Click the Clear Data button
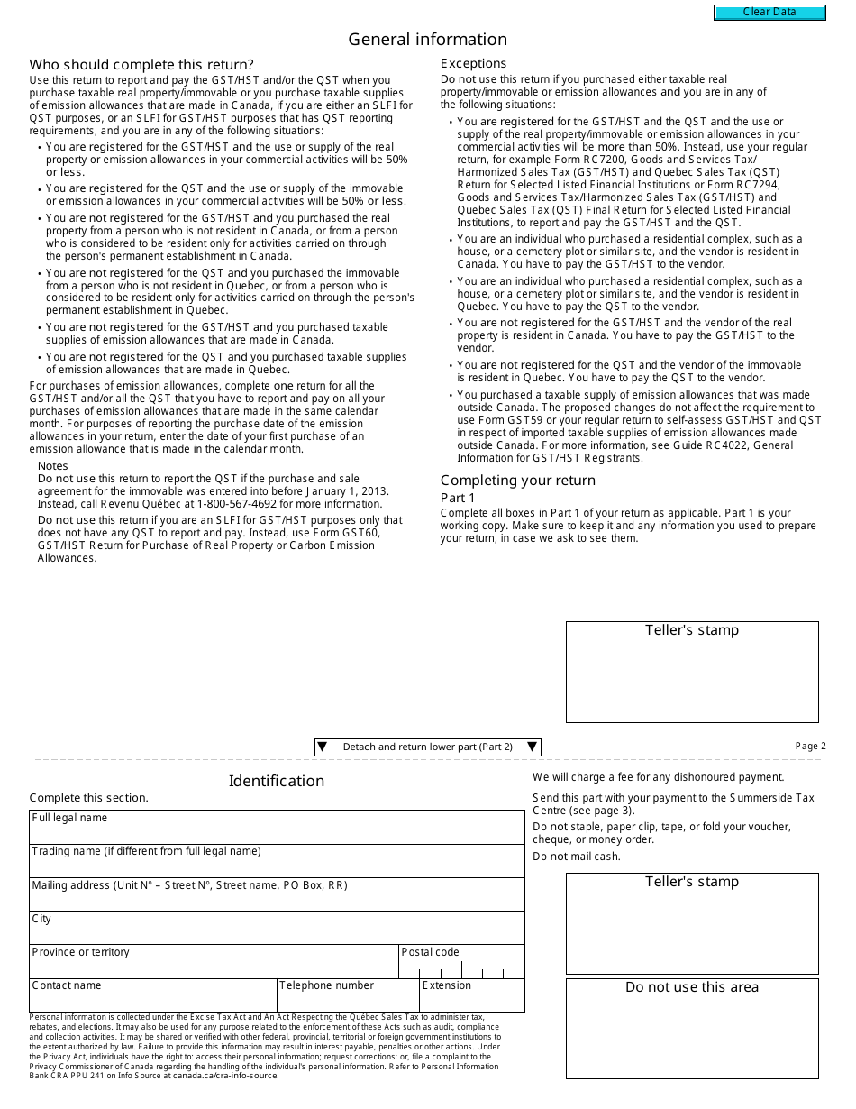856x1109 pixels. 769,13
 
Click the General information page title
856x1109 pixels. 427,40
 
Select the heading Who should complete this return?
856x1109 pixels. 141,65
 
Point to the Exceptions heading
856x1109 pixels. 473,63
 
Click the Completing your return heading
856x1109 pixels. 517,480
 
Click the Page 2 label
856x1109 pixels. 810,746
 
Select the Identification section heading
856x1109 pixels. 276,781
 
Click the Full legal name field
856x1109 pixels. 276,832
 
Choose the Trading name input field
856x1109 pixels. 276,866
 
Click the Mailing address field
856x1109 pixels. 276,900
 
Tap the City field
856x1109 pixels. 276,933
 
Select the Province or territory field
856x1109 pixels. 214,967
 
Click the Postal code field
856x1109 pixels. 461,967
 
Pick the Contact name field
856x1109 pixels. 152,1000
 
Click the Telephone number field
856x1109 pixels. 347,1000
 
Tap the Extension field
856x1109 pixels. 471,1000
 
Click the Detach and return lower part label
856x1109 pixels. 427,747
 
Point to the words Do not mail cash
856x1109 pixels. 577,856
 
